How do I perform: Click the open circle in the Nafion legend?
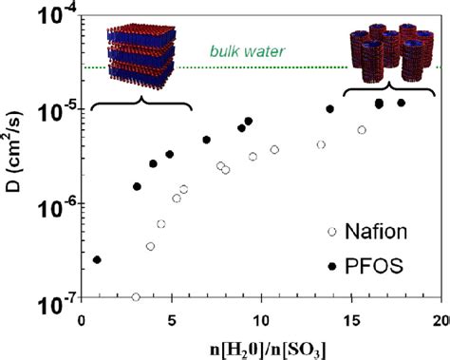pos(331,231)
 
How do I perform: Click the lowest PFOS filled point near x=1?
pos(97,259)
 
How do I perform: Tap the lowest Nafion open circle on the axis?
pos(136,297)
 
